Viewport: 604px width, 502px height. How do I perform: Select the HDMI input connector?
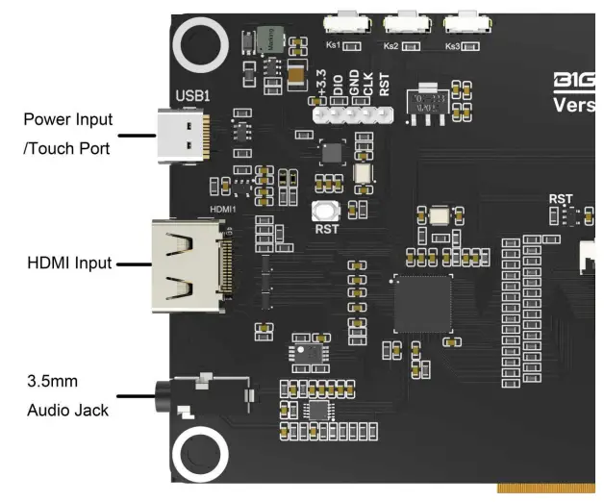coord(189,265)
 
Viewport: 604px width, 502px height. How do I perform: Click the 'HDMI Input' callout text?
coord(68,263)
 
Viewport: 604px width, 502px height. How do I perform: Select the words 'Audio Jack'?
coord(68,411)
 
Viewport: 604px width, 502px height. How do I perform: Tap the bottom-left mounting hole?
coord(200,455)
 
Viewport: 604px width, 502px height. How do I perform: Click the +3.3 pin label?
coord(322,89)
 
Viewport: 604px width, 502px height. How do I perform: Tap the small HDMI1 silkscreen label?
coord(222,209)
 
